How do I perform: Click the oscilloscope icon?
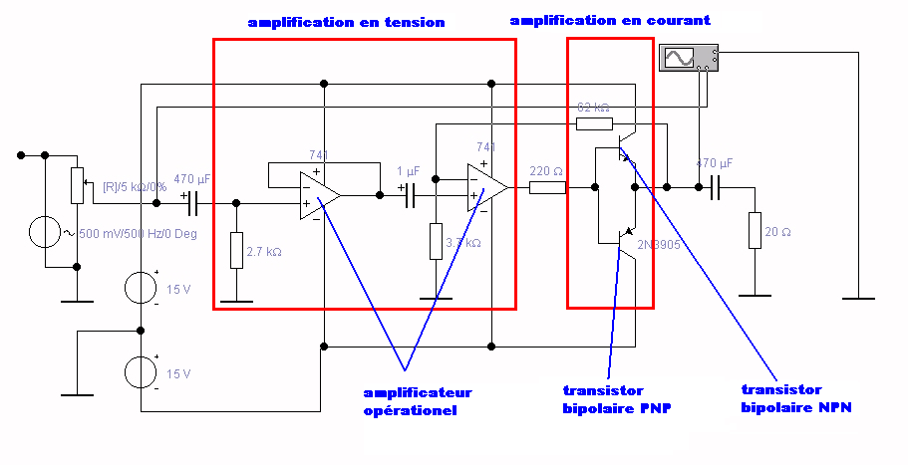[x=689, y=58]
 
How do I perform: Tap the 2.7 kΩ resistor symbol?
[x=236, y=250]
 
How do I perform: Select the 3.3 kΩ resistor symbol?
[x=436, y=241]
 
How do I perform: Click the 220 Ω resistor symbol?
[x=547, y=187]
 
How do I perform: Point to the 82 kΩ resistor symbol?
[x=594, y=122]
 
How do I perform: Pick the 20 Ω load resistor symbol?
[x=755, y=230]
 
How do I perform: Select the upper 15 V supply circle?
[x=142, y=289]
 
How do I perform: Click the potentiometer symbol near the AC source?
[x=76, y=184]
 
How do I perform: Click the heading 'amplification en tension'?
[x=346, y=22]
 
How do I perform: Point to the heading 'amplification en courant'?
[x=610, y=20]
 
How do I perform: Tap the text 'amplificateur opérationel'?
[x=417, y=401]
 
